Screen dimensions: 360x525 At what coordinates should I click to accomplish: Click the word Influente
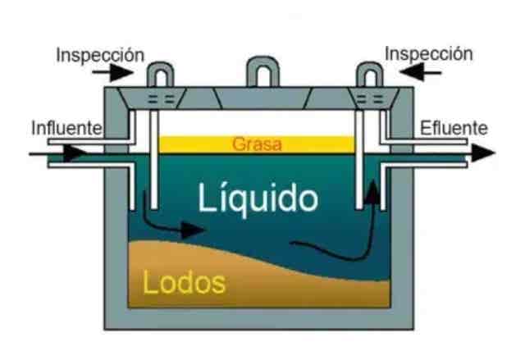[66, 128]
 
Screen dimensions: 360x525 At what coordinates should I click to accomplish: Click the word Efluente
[454, 128]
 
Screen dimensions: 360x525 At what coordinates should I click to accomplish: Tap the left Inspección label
[100, 55]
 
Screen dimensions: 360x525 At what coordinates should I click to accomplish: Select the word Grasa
[257, 145]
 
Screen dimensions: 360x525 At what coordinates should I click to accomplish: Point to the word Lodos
[184, 282]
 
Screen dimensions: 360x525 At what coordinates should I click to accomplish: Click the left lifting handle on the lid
[158, 75]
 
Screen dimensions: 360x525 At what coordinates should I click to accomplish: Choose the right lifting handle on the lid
[366, 75]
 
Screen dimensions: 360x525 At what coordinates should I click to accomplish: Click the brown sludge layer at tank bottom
[271, 287]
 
